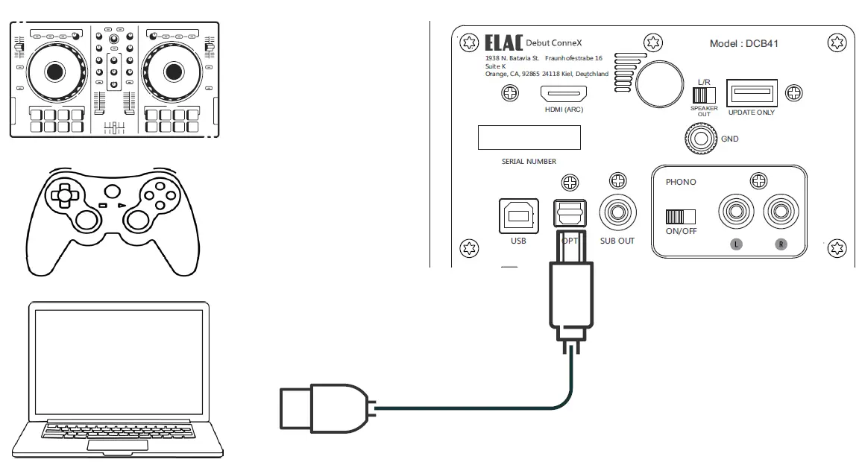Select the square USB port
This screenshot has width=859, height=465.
(x=518, y=216)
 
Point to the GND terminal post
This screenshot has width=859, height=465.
(x=699, y=138)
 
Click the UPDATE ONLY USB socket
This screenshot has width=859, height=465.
(x=752, y=94)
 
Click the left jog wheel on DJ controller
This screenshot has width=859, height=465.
(x=54, y=71)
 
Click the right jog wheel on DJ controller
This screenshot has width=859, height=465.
(x=173, y=71)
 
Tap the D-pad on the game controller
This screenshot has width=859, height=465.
(x=65, y=196)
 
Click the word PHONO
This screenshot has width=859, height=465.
(x=680, y=182)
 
